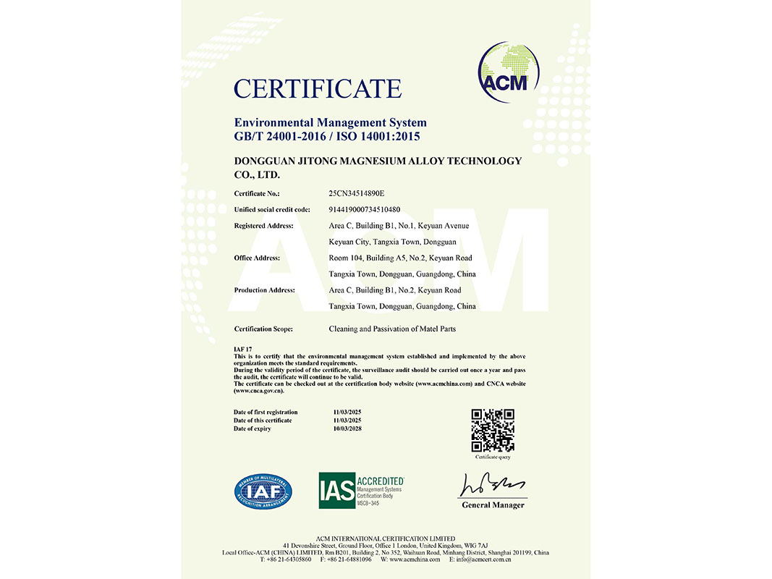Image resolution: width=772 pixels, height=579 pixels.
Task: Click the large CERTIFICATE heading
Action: click(x=317, y=89)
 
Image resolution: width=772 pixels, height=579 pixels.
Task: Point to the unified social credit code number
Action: click(x=365, y=210)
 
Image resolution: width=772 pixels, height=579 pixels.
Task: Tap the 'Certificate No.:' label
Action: click(x=257, y=194)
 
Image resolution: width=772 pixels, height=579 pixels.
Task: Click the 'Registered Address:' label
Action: click(x=264, y=226)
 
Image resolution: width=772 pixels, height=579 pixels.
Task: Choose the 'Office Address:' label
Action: click(x=257, y=258)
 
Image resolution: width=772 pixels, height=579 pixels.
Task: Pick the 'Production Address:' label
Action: click(x=264, y=290)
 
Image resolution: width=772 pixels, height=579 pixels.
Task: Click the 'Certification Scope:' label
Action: click(x=263, y=329)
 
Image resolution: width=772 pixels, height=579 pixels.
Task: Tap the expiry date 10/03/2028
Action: click(x=346, y=429)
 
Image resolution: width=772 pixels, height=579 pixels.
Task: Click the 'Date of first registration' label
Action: click(x=266, y=413)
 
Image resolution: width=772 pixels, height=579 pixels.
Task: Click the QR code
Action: click(x=492, y=431)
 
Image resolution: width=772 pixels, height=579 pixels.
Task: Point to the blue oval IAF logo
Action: click(x=263, y=491)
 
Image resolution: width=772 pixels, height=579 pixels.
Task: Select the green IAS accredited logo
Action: click(x=361, y=490)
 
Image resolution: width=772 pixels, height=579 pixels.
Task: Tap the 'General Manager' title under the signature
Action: click(x=493, y=505)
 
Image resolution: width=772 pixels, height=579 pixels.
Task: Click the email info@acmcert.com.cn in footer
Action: click(x=500, y=559)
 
